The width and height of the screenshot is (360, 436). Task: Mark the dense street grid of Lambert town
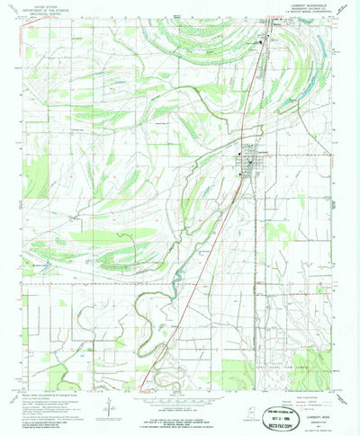(252, 160)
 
